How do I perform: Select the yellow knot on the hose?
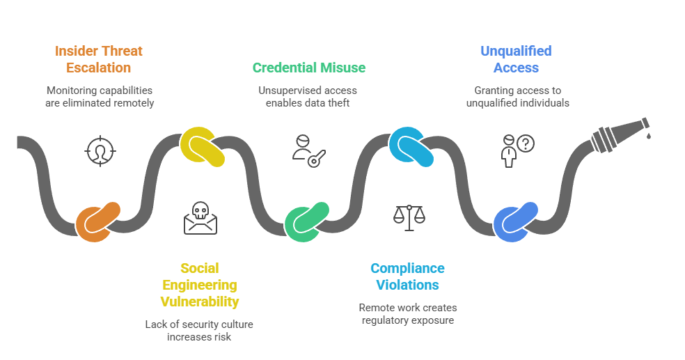tap(203, 146)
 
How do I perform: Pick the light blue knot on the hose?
tap(411, 146)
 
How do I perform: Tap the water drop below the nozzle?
tap(648, 136)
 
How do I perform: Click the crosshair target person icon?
tap(100, 150)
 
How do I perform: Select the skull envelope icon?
tap(200, 218)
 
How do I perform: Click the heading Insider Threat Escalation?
tap(98, 59)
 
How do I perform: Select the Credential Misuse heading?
tap(308, 68)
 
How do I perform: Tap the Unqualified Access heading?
tap(516, 59)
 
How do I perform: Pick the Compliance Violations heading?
tap(407, 276)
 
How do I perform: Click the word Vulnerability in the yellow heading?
tap(200, 302)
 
